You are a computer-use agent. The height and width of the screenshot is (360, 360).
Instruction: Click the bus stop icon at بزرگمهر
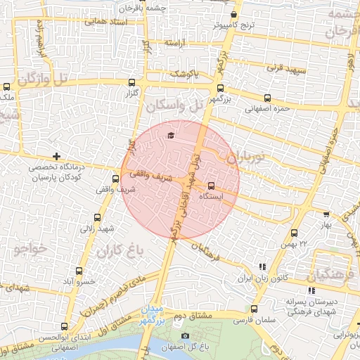(x=221, y=89)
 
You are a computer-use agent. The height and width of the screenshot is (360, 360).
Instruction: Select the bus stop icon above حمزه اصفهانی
(x=266, y=98)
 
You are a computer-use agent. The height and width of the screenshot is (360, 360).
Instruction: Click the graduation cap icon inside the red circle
(x=170, y=135)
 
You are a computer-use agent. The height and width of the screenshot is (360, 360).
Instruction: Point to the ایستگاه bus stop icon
(x=211, y=186)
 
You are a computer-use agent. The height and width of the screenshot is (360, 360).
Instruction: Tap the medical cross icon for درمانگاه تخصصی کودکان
(x=56, y=156)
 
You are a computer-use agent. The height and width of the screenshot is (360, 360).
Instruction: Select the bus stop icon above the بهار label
(x=326, y=214)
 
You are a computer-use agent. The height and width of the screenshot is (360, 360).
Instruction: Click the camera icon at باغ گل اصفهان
(x=185, y=336)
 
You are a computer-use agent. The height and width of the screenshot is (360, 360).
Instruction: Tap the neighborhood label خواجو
(x=29, y=249)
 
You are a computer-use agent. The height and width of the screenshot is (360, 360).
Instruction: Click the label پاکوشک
(x=185, y=73)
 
